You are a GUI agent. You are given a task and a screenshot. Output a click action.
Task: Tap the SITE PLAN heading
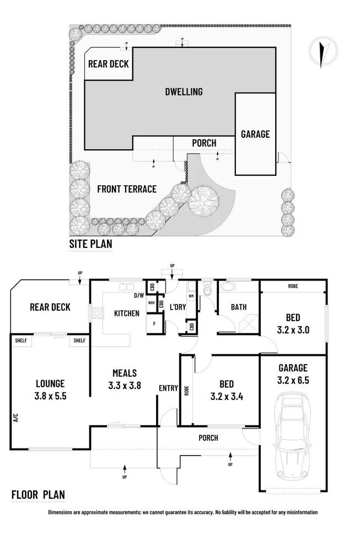(x=90, y=244)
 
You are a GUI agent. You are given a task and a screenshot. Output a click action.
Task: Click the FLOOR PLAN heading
(x=38, y=494)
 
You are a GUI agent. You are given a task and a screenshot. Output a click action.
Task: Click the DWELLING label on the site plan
(x=184, y=91)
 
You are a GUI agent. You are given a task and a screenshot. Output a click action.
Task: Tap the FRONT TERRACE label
(x=127, y=189)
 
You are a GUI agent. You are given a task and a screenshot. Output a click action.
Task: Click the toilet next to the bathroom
(x=207, y=289)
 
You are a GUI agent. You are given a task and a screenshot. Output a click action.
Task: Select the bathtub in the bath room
(x=227, y=288)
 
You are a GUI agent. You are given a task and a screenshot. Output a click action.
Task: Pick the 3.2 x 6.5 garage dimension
(x=292, y=379)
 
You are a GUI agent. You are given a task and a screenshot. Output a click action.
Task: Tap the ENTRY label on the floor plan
(x=168, y=388)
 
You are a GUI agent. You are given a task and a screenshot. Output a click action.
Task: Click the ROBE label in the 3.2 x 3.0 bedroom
(x=293, y=286)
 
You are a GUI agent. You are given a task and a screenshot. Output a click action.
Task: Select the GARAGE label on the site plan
(x=255, y=134)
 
